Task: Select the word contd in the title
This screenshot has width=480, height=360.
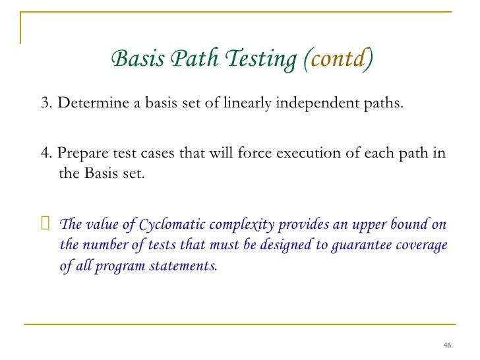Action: click(338, 60)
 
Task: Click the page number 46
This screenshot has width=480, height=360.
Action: click(448, 345)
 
